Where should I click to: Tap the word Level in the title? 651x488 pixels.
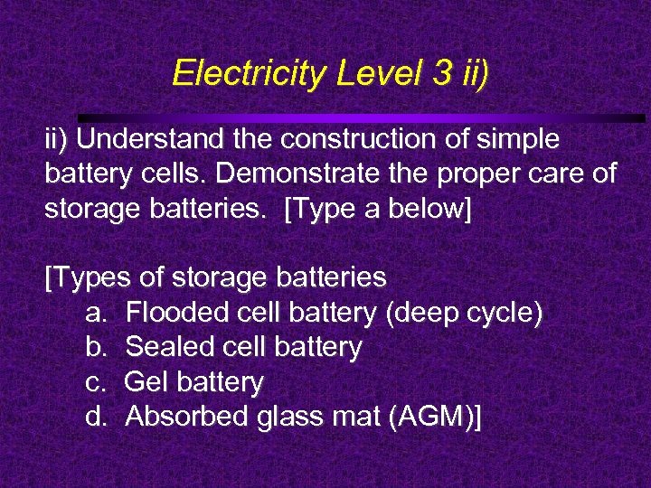(356, 72)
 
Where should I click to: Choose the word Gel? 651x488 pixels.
(146, 382)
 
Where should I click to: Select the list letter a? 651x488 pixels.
(95, 314)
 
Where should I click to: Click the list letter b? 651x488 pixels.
(95, 347)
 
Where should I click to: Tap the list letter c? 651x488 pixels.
(95, 382)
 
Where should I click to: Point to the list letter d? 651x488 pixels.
(95, 417)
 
